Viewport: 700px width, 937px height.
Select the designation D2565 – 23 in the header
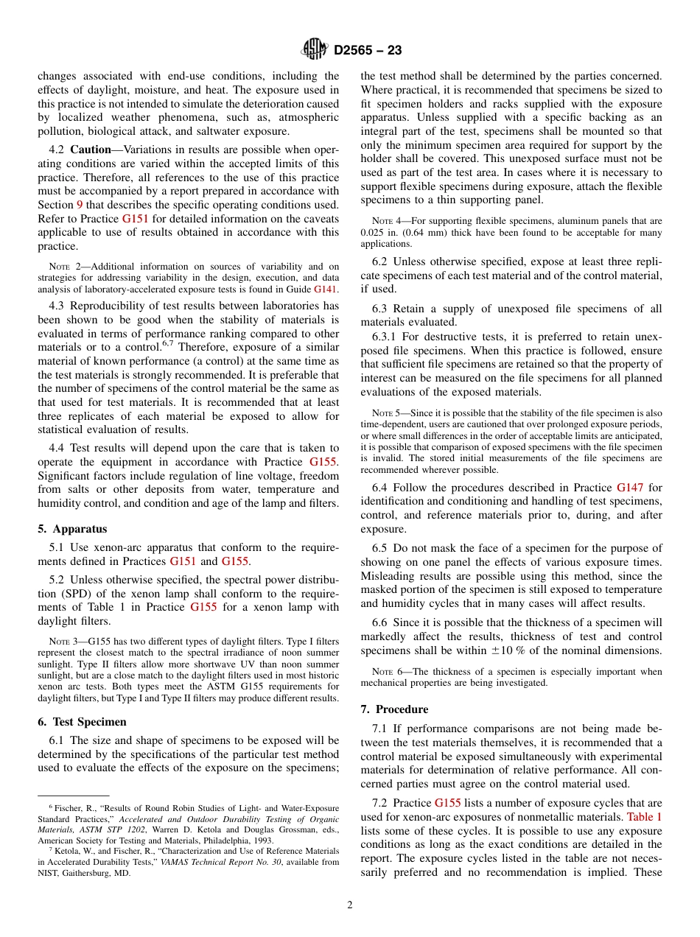(368, 51)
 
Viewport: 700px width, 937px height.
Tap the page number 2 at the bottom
(350, 905)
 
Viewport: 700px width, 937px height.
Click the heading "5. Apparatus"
(72, 529)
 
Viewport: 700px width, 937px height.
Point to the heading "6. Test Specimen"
(82, 722)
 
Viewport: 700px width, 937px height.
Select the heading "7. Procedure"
(394, 709)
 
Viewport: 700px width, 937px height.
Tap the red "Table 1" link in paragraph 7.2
(644, 816)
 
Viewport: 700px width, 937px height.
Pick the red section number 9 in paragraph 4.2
(80, 205)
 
